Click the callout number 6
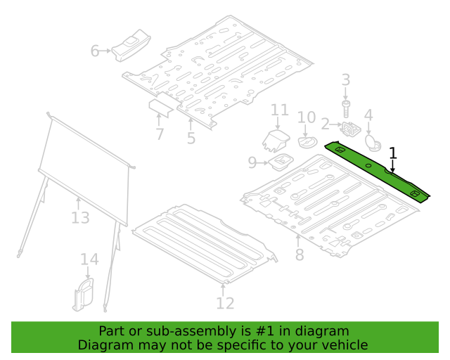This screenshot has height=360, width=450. [95, 51]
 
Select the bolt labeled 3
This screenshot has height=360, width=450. [346, 108]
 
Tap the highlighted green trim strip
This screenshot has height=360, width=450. [377, 171]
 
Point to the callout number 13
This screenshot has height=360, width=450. [80, 217]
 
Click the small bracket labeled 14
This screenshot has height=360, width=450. [84, 295]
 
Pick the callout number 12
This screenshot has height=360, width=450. [225, 303]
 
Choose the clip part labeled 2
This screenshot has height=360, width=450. [350, 129]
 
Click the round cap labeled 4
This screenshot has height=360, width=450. [373, 142]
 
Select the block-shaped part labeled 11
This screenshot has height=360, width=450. [276, 141]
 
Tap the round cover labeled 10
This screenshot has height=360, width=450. [307, 142]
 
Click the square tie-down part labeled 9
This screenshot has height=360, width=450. [281, 162]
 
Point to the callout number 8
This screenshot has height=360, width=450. [300, 255]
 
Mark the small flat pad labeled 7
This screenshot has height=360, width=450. [161, 107]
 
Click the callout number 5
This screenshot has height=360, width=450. [191, 138]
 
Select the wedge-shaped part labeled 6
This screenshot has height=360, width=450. [131, 46]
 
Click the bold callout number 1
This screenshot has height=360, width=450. [393, 153]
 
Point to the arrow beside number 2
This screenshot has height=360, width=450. [336, 124]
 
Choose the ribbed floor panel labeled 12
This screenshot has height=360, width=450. [205, 243]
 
